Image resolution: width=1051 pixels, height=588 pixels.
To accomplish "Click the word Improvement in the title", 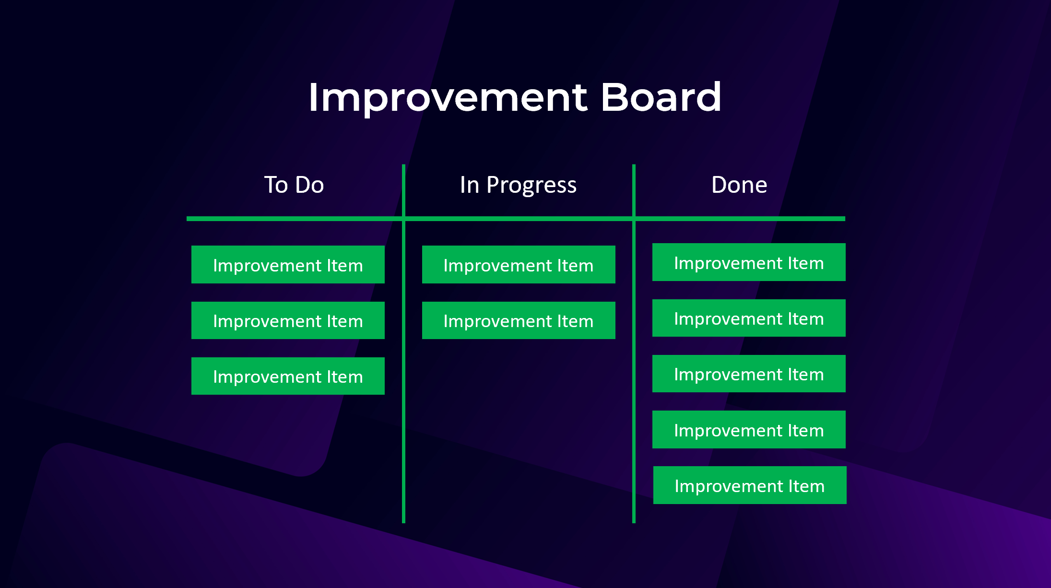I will pos(447,98).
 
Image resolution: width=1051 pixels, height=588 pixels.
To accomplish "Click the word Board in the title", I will pos(661,98).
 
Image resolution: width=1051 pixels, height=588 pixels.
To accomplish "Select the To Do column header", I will pos(294,185).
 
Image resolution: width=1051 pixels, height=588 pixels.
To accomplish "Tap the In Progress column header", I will pos(518,185).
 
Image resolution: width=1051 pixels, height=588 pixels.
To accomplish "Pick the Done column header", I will pos(739,185).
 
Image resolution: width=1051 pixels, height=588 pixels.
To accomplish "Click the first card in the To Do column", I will pos(288,265).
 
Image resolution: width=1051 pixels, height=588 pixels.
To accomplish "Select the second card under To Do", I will pos(288,320).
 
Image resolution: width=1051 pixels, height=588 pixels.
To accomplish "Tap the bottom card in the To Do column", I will pos(288,376).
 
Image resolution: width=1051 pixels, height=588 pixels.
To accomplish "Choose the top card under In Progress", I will pos(519,265).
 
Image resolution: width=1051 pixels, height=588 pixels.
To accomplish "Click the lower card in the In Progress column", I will pos(519,320).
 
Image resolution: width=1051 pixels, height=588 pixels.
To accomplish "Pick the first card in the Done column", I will pos(749,262).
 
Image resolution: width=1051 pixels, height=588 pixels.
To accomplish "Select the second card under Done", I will pos(749,318).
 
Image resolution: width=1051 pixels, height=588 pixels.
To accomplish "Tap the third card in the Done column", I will pos(749,374).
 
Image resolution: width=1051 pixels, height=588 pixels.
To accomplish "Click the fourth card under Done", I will pos(749,430).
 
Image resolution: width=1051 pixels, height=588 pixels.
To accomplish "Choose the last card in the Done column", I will pos(750,485).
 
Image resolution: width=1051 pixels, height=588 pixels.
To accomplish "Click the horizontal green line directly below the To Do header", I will pos(294,219).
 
